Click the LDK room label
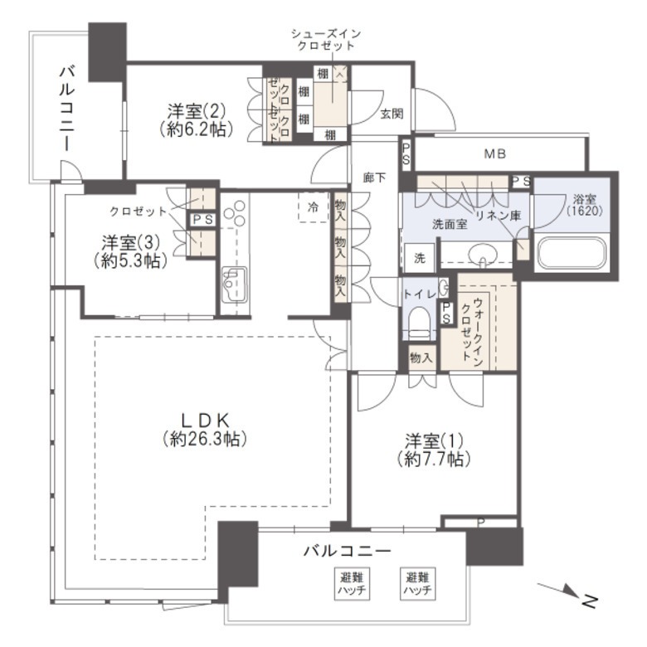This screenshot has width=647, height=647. (205, 430)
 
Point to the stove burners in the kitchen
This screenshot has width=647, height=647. (235, 212)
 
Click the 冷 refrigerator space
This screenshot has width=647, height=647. (314, 207)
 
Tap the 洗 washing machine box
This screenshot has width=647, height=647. (419, 258)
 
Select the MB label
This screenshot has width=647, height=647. (494, 154)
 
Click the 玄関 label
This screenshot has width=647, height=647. (392, 114)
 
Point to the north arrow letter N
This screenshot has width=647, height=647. (590, 601)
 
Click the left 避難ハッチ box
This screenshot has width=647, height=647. (352, 582)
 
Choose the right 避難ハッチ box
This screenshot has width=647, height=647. (417, 582)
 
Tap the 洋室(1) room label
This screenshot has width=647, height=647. (434, 450)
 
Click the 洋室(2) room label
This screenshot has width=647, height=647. (196, 120)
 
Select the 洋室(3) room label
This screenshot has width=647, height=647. (131, 251)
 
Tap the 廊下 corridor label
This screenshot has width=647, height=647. (374, 178)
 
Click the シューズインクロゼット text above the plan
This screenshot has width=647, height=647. (326, 39)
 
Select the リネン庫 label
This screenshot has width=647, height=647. (499, 215)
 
